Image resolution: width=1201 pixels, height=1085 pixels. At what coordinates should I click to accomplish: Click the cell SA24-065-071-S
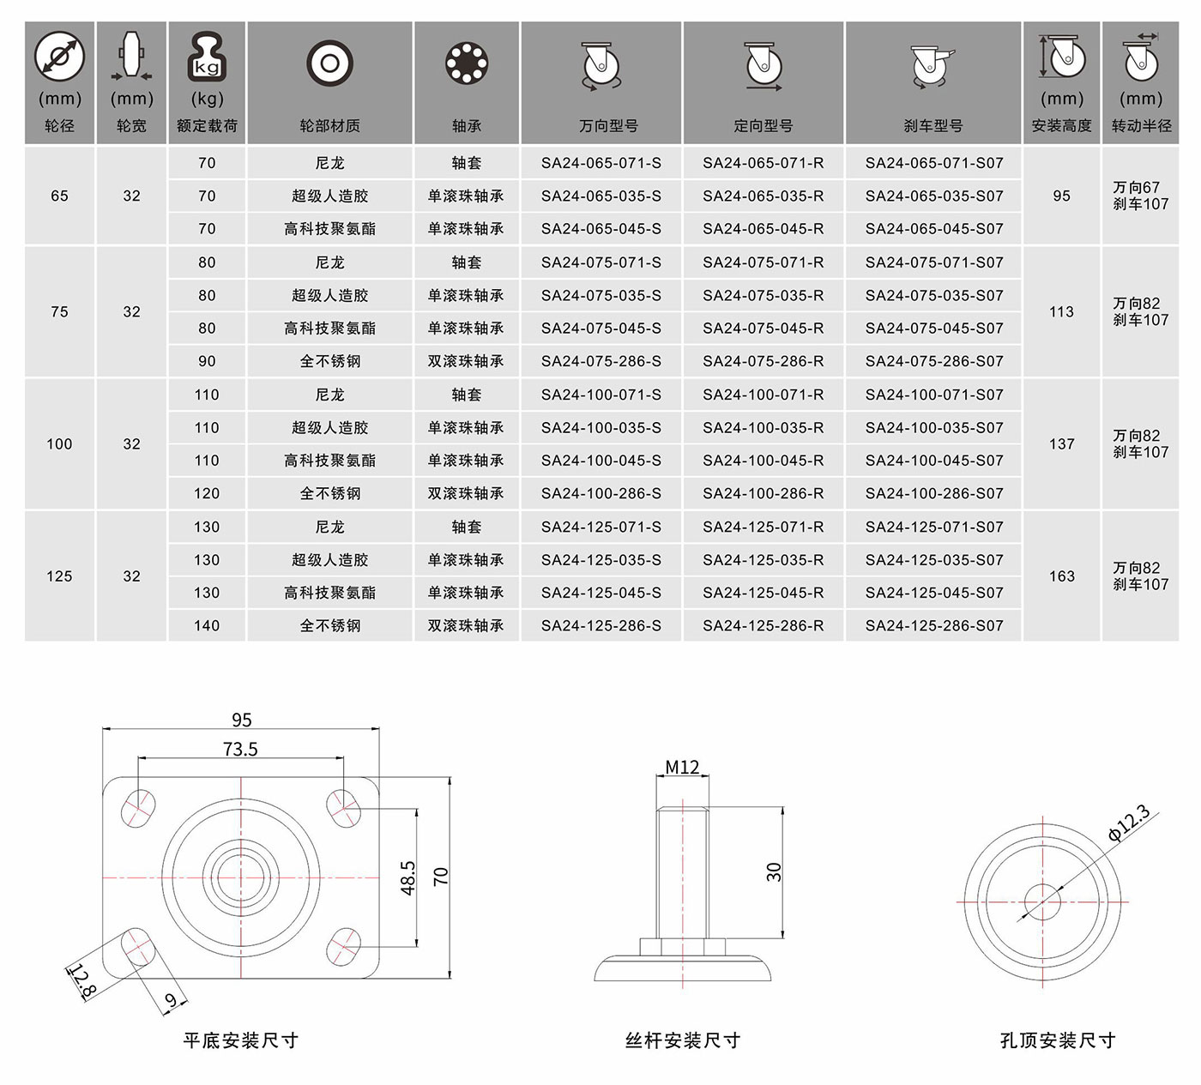tap(601, 163)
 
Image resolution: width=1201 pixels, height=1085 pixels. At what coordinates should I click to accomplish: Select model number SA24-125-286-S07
tap(934, 626)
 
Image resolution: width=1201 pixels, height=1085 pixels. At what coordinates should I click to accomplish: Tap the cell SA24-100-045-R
tap(763, 461)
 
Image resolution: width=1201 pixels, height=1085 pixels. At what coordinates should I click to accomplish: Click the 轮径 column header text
tap(59, 126)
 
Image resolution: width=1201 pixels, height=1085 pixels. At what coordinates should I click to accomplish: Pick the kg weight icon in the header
tap(207, 57)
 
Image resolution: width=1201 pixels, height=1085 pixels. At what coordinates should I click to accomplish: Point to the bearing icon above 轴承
tap(467, 63)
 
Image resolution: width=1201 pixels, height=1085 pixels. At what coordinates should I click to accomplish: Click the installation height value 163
tap(1061, 576)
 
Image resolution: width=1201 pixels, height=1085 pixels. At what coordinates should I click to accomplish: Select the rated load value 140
tap(207, 626)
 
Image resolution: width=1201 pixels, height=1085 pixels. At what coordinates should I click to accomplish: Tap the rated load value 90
tap(207, 361)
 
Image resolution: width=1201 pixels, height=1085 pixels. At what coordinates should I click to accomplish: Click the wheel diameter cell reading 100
tap(59, 443)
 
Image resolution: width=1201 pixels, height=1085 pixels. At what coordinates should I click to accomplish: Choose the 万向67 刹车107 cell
tap(1141, 196)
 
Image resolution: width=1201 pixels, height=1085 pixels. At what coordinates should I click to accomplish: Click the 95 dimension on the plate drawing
tap(241, 720)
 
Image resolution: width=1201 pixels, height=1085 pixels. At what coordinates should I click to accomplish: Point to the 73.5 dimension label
tap(240, 749)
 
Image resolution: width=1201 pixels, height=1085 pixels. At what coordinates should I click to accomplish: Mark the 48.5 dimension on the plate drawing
tap(407, 877)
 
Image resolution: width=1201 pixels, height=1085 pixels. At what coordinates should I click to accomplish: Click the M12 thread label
tap(682, 767)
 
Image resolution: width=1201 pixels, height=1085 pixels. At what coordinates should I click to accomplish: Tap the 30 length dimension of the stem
tap(774, 871)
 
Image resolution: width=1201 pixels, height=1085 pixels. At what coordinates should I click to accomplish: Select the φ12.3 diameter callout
tap(1129, 823)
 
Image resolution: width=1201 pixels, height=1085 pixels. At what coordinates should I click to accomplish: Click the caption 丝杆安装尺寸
tap(683, 1040)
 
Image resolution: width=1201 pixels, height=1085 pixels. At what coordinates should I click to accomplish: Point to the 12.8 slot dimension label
tap(82, 981)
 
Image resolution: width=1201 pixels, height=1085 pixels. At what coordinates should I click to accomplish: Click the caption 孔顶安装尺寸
tap(1058, 1040)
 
